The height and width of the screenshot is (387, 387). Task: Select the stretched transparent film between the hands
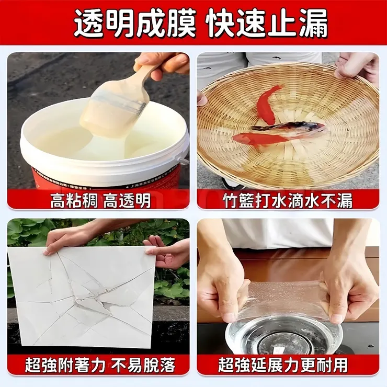[x=285, y=298]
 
